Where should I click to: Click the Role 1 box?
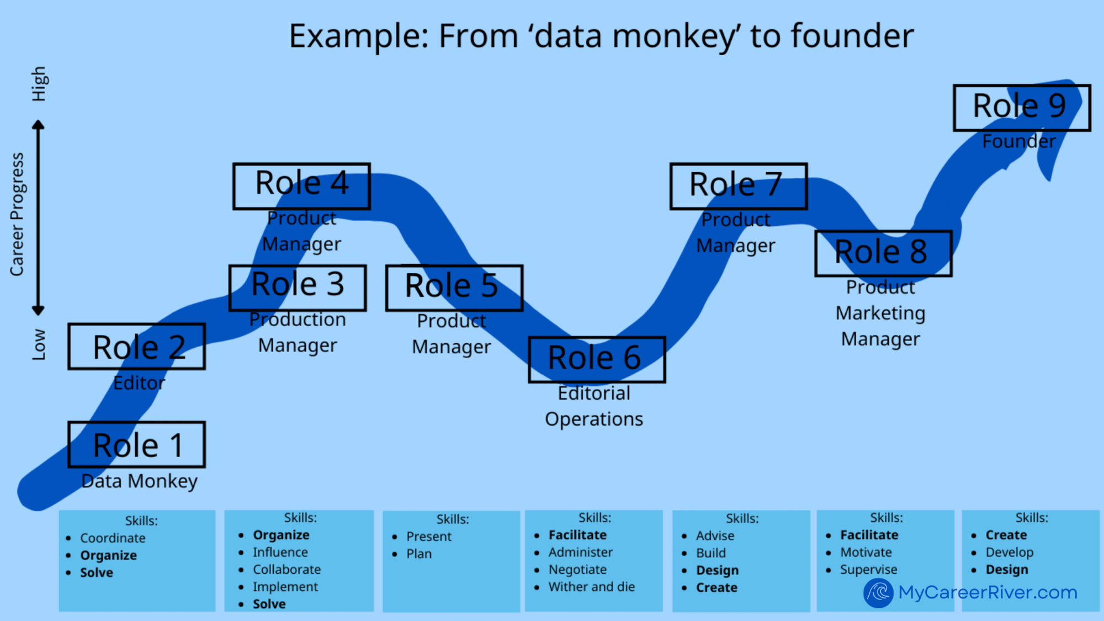[x=137, y=445]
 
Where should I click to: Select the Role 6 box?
[x=597, y=359]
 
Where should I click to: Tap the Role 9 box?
[x=1022, y=107]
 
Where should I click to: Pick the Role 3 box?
[x=298, y=287]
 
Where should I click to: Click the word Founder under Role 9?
[x=1019, y=141]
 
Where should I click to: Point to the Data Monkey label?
[x=139, y=481]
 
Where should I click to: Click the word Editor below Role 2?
[x=139, y=383]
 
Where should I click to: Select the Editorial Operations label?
[x=594, y=406]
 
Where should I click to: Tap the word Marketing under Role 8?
[x=880, y=313]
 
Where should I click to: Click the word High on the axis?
[x=39, y=84]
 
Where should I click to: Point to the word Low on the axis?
[x=39, y=344]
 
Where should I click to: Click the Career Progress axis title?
[x=17, y=214]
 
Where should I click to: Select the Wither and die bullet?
[x=591, y=587]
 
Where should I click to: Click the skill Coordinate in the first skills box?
[x=113, y=538]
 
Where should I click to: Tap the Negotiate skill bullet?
[x=577, y=570]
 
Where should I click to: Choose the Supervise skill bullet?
[x=868, y=570]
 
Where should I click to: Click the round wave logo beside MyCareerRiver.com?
[x=878, y=593]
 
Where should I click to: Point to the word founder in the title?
[x=852, y=36]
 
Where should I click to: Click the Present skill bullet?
[x=429, y=537]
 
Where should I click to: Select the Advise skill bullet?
[x=715, y=536]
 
